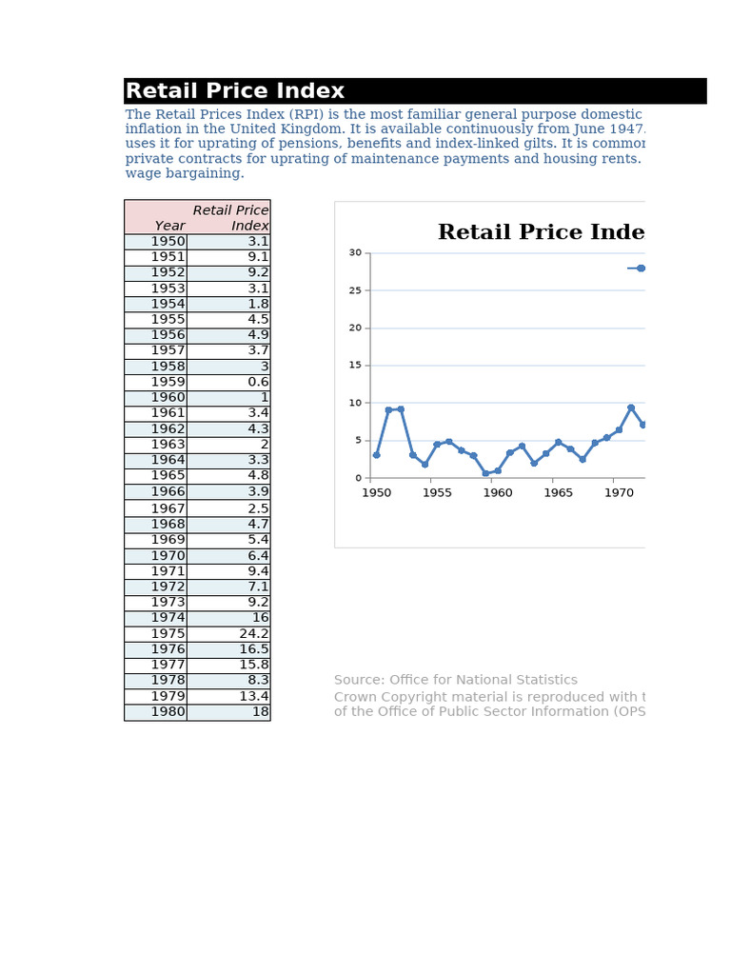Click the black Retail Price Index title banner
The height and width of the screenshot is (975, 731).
pos(415,91)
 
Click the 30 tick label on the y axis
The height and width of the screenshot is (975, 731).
pos(355,253)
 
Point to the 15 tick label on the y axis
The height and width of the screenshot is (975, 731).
pos(355,366)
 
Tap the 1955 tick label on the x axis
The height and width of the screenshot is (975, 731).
pos(437,493)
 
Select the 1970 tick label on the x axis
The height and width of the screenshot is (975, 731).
pos(619,493)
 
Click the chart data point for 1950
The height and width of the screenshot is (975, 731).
pos(377,455)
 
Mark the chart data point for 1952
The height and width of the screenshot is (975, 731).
pos(401,409)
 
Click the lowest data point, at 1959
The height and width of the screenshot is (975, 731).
pos(485,473)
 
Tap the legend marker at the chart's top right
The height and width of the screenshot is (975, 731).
pos(641,269)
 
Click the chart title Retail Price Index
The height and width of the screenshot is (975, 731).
pos(540,233)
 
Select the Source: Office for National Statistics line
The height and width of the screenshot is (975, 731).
pos(455,680)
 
